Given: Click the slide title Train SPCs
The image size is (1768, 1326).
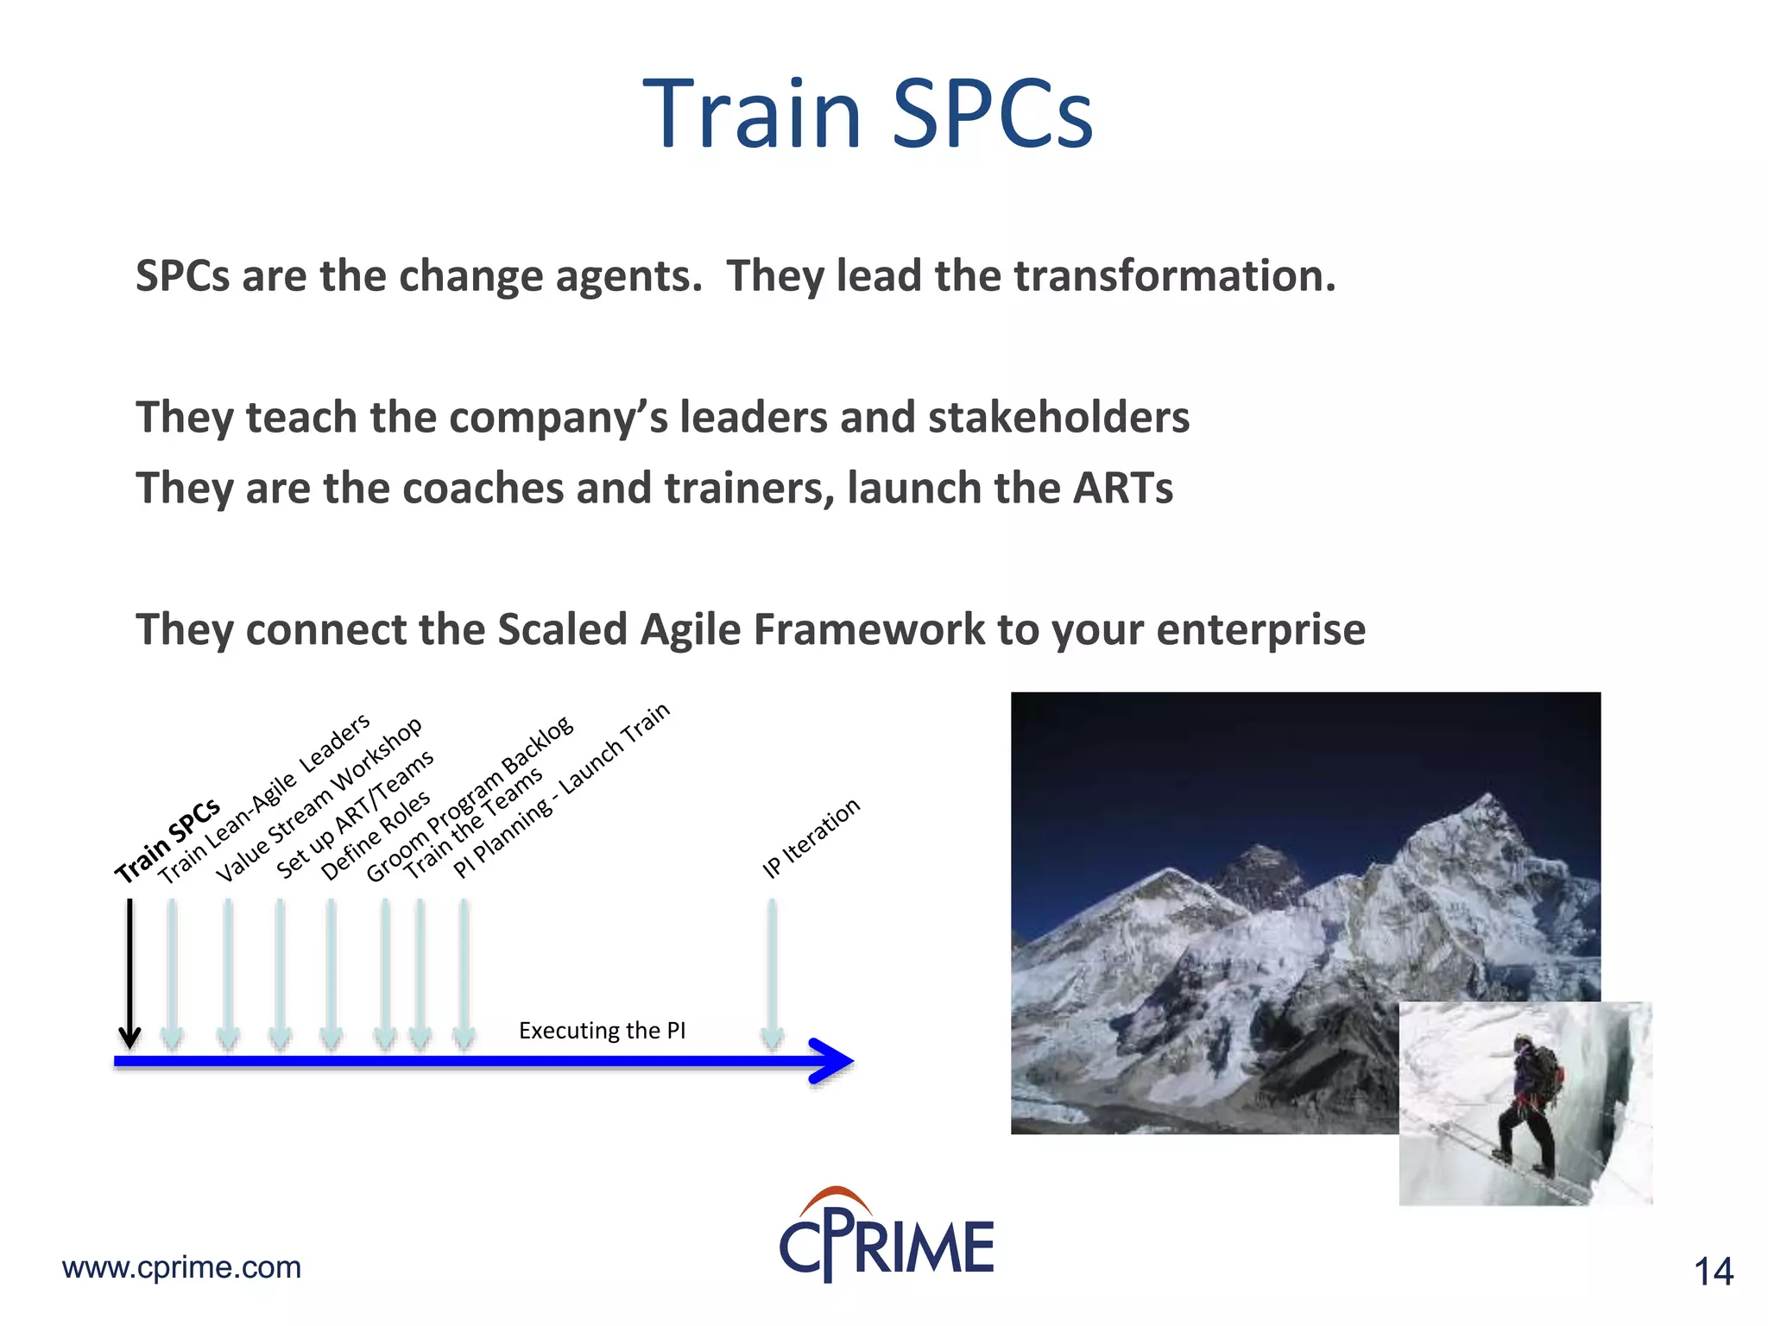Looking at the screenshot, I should [x=868, y=114].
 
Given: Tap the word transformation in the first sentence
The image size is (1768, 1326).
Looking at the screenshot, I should [x=1174, y=276].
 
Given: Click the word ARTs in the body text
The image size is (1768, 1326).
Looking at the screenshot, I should [x=1122, y=489].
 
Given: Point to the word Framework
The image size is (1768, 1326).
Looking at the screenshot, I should [x=868, y=629].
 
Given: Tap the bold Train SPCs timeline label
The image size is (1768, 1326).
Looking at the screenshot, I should [x=167, y=840].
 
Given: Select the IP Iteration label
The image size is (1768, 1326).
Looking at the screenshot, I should [x=811, y=837].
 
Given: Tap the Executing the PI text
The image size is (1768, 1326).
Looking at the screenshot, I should [x=602, y=1031].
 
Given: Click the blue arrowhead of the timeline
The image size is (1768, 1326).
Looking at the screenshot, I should [x=832, y=1061].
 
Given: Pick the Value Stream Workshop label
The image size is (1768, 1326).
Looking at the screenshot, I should [x=319, y=799].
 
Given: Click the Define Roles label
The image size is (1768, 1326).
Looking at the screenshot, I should [x=376, y=835].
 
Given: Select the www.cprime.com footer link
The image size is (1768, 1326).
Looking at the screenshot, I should [x=181, y=1267].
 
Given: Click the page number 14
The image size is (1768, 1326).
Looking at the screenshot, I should [x=1713, y=1272].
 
